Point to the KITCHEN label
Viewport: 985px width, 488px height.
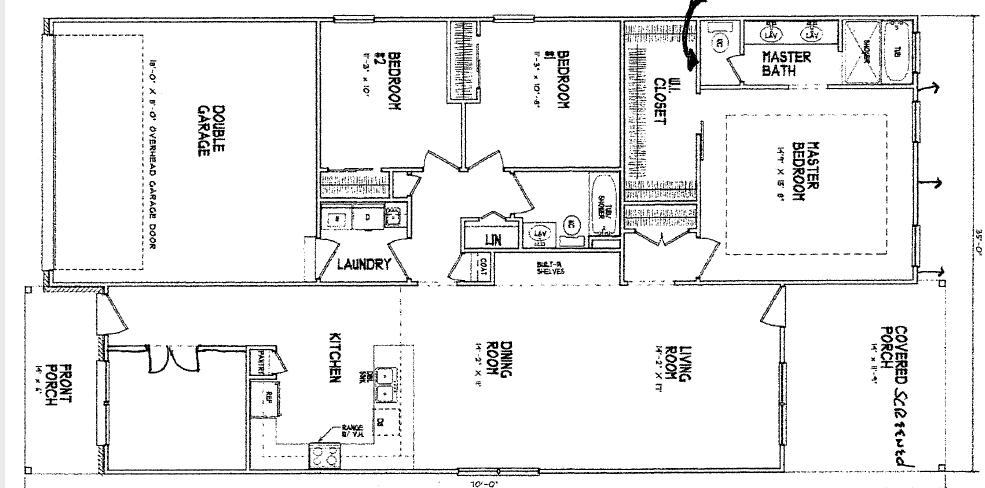tap(336, 357)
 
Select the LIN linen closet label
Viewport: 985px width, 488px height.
tap(493, 240)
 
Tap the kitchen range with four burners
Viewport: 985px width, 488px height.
tap(324, 454)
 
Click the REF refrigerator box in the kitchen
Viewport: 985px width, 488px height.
tap(267, 396)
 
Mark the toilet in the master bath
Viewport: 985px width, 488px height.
tap(720, 43)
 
